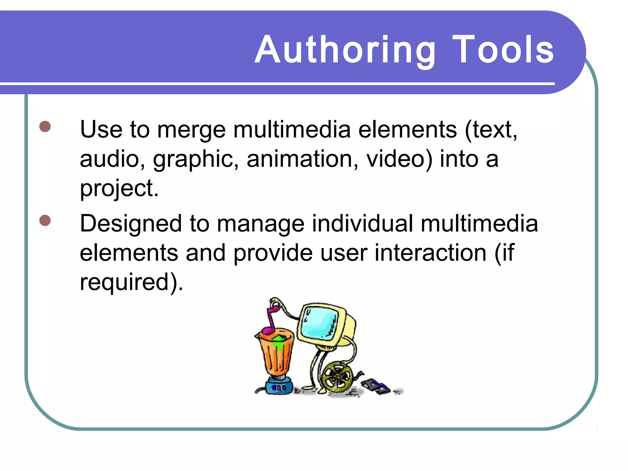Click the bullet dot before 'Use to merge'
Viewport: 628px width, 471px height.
pos(45,126)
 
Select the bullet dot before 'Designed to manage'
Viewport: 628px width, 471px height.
pos(45,220)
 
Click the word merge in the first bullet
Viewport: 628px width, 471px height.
pos(191,130)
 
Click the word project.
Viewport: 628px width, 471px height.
pos(119,188)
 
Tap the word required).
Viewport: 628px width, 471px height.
pos(131,282)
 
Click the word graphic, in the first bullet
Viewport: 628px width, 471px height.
pos(196,159)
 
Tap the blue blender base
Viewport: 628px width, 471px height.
pos(278,386)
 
